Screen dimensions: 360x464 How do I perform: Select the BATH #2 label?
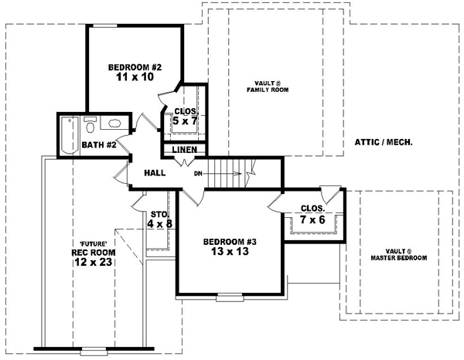tap(98, 144)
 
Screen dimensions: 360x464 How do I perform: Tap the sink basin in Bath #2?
tap(113, 124)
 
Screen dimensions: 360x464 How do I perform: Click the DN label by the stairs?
tap(198, 174)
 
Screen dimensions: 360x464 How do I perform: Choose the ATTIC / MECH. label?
tap(383, 142)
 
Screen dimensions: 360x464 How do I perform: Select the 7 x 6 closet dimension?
tap(312, 221)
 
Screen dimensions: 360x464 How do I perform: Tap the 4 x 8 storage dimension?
tap(159, 224)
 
